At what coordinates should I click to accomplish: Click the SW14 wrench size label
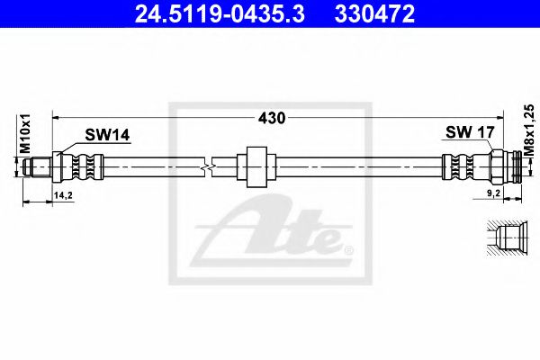(x=107, y=135)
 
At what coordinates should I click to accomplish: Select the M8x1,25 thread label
(x=528, y=131)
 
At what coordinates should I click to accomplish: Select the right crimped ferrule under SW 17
(x=462, y=166)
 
